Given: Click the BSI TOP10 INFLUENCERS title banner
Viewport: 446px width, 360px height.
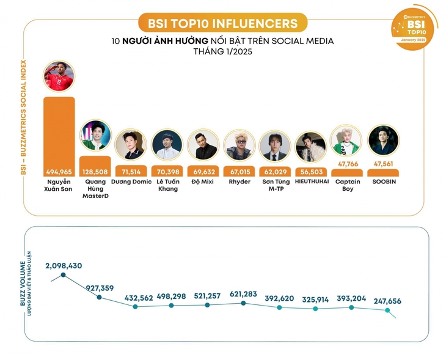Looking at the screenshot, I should point(222,23).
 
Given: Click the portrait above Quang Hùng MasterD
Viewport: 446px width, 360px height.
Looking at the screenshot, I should point(96,136).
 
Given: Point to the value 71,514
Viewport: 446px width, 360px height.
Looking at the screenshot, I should point(131,172).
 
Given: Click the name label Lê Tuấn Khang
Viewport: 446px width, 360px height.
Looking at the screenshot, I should point(167,185).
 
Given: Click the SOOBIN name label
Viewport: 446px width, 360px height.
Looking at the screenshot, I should point(383,182).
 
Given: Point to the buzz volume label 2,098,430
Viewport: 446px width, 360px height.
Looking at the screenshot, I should point(64,266).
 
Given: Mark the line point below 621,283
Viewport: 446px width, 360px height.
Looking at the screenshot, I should point(244,303).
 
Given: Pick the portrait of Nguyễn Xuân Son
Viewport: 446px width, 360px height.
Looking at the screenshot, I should point(59,76).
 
